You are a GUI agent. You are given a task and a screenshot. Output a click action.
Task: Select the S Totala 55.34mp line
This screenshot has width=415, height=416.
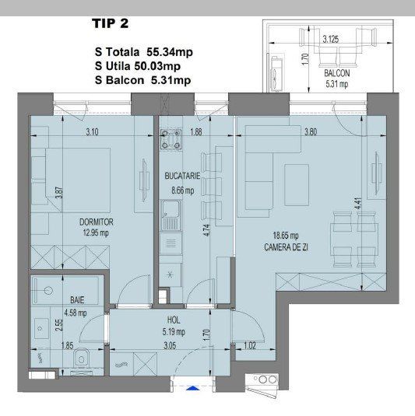[142, 52]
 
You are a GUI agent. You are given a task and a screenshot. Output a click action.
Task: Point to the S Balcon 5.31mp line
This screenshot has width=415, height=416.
[142, 79]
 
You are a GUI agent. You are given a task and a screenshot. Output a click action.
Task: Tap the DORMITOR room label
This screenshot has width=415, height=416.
[96, 220]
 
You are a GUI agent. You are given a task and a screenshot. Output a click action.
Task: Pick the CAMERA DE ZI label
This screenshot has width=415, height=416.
[310, 246]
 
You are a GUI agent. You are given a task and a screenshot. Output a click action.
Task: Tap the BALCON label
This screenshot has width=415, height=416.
[339, 75]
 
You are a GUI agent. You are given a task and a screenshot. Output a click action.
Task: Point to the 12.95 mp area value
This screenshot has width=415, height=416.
[95, 231]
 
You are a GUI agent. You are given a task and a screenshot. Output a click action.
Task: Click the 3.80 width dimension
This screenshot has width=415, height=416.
[313, 131]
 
